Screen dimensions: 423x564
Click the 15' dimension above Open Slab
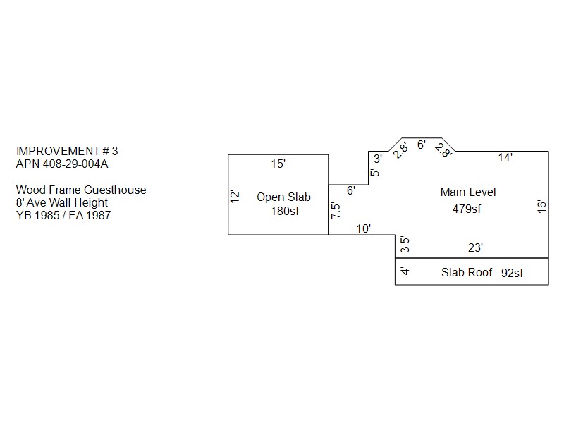278,164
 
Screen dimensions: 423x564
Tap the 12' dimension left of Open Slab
235,197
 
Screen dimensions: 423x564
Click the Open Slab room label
283,197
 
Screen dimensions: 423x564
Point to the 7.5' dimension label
336,212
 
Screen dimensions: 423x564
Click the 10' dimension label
364,228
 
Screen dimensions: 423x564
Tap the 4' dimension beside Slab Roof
404,271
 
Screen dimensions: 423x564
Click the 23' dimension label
475,247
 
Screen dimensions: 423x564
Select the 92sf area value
512,273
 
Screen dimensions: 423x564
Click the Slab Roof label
467,272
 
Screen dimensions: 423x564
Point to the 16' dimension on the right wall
541,205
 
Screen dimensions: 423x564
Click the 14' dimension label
505,158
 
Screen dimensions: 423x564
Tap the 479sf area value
467,208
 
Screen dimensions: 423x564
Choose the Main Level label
468,192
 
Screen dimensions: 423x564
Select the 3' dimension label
377,158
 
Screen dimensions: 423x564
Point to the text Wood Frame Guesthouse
81,190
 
